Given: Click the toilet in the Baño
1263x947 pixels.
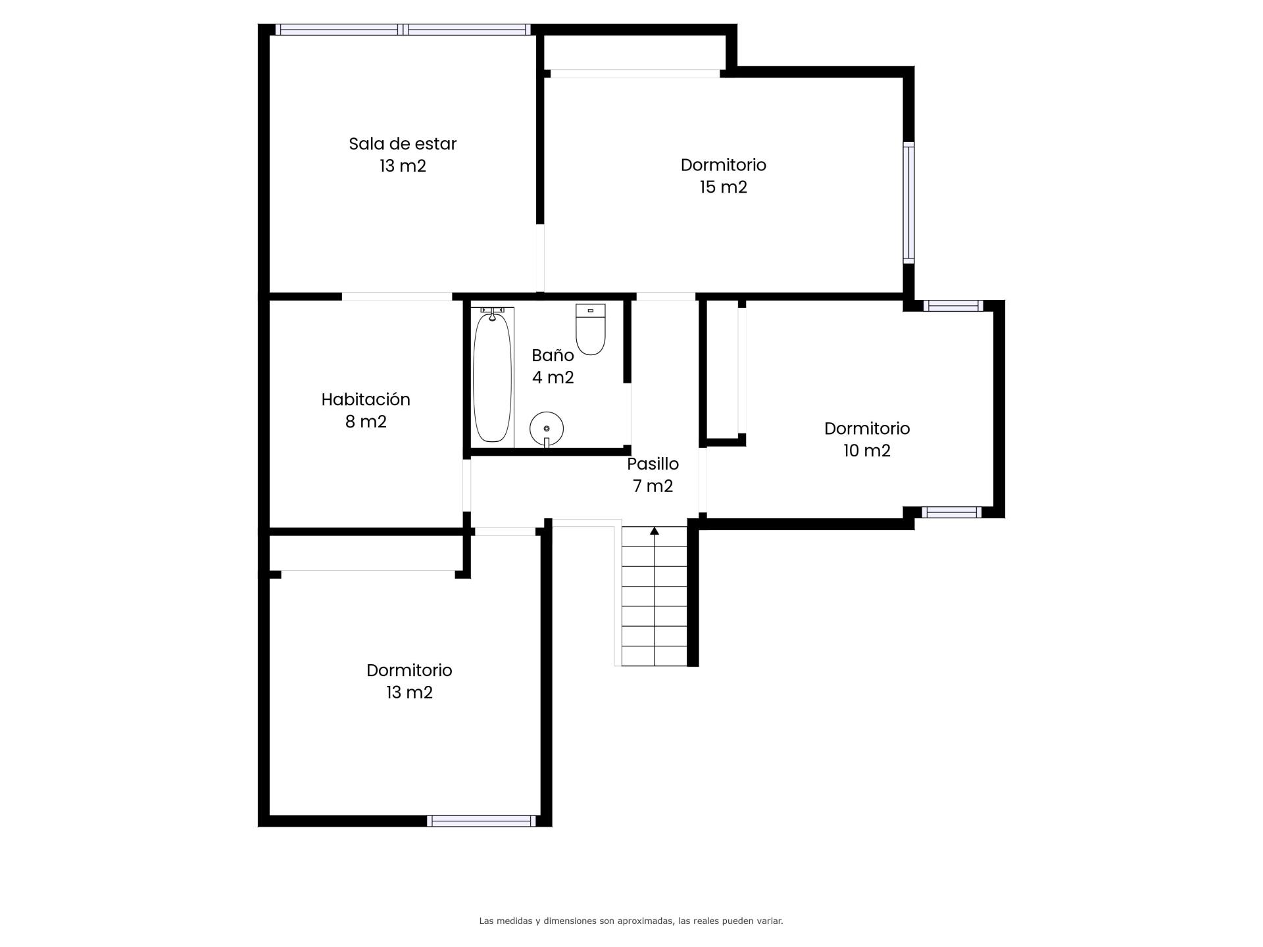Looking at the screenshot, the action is [x=590, y=329].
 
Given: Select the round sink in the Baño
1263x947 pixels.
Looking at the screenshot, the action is [x=547, y=428].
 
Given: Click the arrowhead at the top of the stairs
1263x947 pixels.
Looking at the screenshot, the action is [x=655, y=531].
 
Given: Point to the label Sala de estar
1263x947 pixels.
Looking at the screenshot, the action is [x=403, y=143].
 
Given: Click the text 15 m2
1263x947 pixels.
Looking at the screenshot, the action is [x=724, y=187].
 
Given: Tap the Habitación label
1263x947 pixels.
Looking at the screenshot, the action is [x=366, y=399].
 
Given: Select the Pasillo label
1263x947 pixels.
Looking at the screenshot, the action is [x=653, y=464].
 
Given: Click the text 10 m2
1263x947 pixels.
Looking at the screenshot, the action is [x=867, y=450].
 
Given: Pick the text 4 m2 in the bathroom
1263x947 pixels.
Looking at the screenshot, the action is [x=553, y=377].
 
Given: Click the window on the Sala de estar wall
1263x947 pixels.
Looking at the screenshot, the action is [x=403, y=30].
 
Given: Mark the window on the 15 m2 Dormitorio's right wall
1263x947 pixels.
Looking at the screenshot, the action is [x=908, y=203].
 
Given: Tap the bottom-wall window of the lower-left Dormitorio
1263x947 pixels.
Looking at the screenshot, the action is [x=482, y=821].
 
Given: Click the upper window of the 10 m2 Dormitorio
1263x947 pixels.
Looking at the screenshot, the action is [x=953, y=306].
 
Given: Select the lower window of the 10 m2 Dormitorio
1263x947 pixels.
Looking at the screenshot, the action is [x=952, y=512].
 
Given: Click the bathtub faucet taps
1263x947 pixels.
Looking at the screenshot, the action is [x=492, y=310].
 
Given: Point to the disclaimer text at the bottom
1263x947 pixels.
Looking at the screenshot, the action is [x=631, y=921].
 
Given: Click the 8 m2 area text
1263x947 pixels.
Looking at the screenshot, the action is [x=366, y=422].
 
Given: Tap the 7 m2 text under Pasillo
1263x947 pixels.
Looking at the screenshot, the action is [x=653, y=486].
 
